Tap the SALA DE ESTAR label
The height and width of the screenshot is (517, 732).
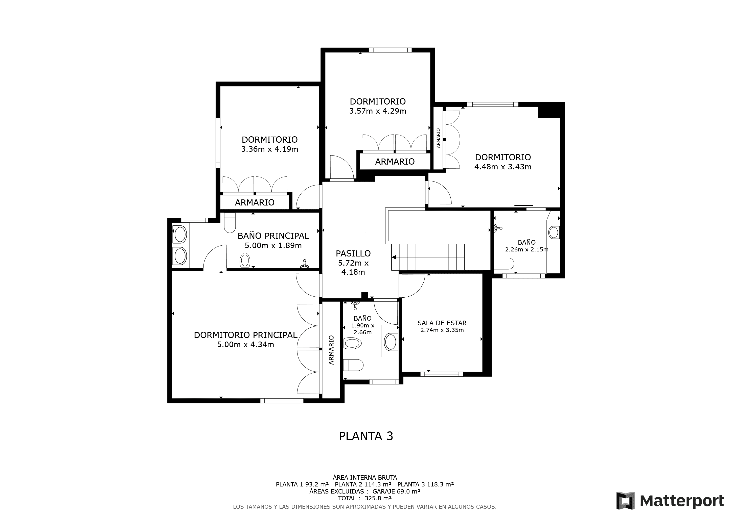[442, 323]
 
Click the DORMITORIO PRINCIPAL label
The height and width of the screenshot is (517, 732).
[245, 335]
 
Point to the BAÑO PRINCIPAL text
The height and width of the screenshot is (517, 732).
[273, 236]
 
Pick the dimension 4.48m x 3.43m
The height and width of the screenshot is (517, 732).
[503, 167]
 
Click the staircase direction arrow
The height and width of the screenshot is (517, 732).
[394, 257]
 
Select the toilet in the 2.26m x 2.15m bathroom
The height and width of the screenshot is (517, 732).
[504, 264]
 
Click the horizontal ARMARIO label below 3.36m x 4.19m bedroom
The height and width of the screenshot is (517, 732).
[255, 202]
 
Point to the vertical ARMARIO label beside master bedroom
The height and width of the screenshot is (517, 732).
[331, 350]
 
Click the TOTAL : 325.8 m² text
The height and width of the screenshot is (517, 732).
[365, 498]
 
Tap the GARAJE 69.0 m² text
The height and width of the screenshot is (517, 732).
[396, 491]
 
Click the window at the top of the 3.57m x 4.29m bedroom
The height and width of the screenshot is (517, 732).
[390, 50]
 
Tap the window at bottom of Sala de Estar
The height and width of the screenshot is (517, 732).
[442, 374]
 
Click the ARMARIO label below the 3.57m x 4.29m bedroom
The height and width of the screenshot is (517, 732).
[395, 162]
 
